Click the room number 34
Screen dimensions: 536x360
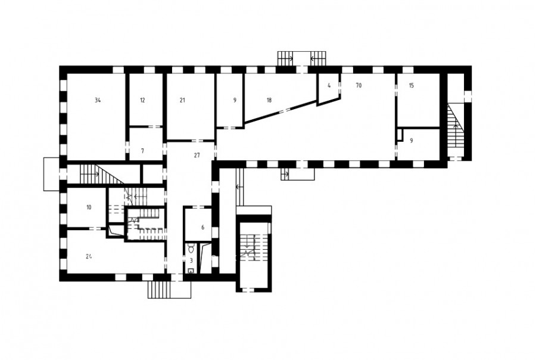(98, 100)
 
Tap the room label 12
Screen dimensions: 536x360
(142, 100)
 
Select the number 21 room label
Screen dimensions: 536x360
(182, 100)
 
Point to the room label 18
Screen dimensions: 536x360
(269, 100)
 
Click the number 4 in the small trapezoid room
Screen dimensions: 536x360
(329, 86)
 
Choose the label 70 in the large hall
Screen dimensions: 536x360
(359, 86)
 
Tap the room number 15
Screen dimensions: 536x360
(411, 86)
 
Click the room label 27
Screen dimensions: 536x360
(197, 156)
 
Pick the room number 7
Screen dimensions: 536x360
(142, 151)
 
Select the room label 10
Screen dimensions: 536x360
(89, 207)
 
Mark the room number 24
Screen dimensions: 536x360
(89, 256)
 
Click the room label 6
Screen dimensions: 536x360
(202, 227)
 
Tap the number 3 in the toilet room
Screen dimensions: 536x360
(191, 260)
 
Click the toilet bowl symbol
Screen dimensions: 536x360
(191, 248)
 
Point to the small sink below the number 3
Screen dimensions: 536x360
(191, 271)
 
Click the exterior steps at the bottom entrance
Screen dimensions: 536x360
(159, 290)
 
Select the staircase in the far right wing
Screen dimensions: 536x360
(455, 130)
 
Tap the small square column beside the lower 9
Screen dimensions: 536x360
(400, 135)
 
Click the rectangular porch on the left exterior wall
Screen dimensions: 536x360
(52, 174)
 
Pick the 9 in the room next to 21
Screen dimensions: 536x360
(235, 100)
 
